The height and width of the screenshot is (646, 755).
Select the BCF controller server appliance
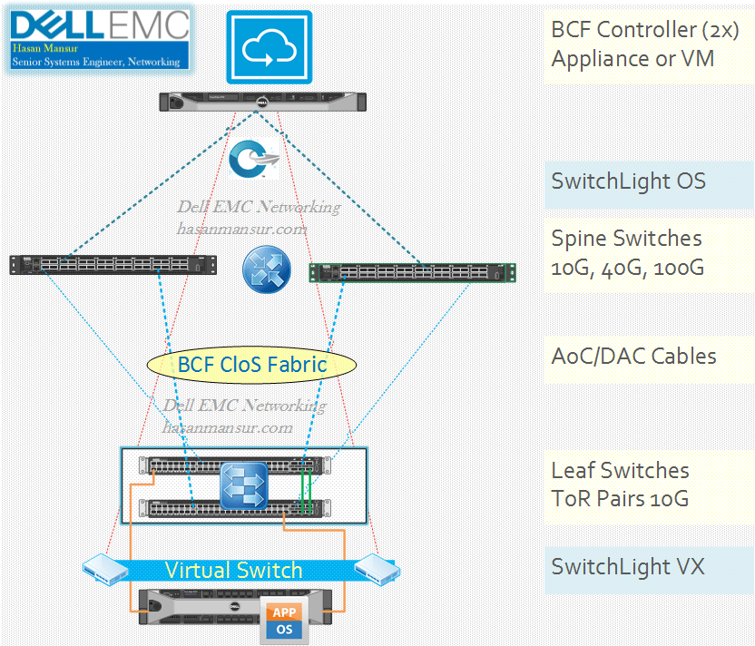tap(263, 103)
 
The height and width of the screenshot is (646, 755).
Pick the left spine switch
tap(113, 264)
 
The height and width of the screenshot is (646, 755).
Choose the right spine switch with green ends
tap(412, 270)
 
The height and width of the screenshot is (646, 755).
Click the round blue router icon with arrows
tap(265, 269)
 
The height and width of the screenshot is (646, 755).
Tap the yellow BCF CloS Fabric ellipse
tap(251, 365)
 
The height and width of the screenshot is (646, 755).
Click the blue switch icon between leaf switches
tap(244, 485)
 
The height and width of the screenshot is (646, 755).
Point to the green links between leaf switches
tap(308, 490)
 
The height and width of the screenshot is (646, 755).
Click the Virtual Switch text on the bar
tap(233, 570)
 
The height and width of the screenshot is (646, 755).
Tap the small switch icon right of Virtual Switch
tap(377, 570)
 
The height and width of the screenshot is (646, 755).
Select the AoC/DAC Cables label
tap(633, 356)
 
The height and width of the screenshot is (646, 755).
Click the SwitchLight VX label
tap(628, 568)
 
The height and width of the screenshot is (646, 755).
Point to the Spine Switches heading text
tap(626, 239)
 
